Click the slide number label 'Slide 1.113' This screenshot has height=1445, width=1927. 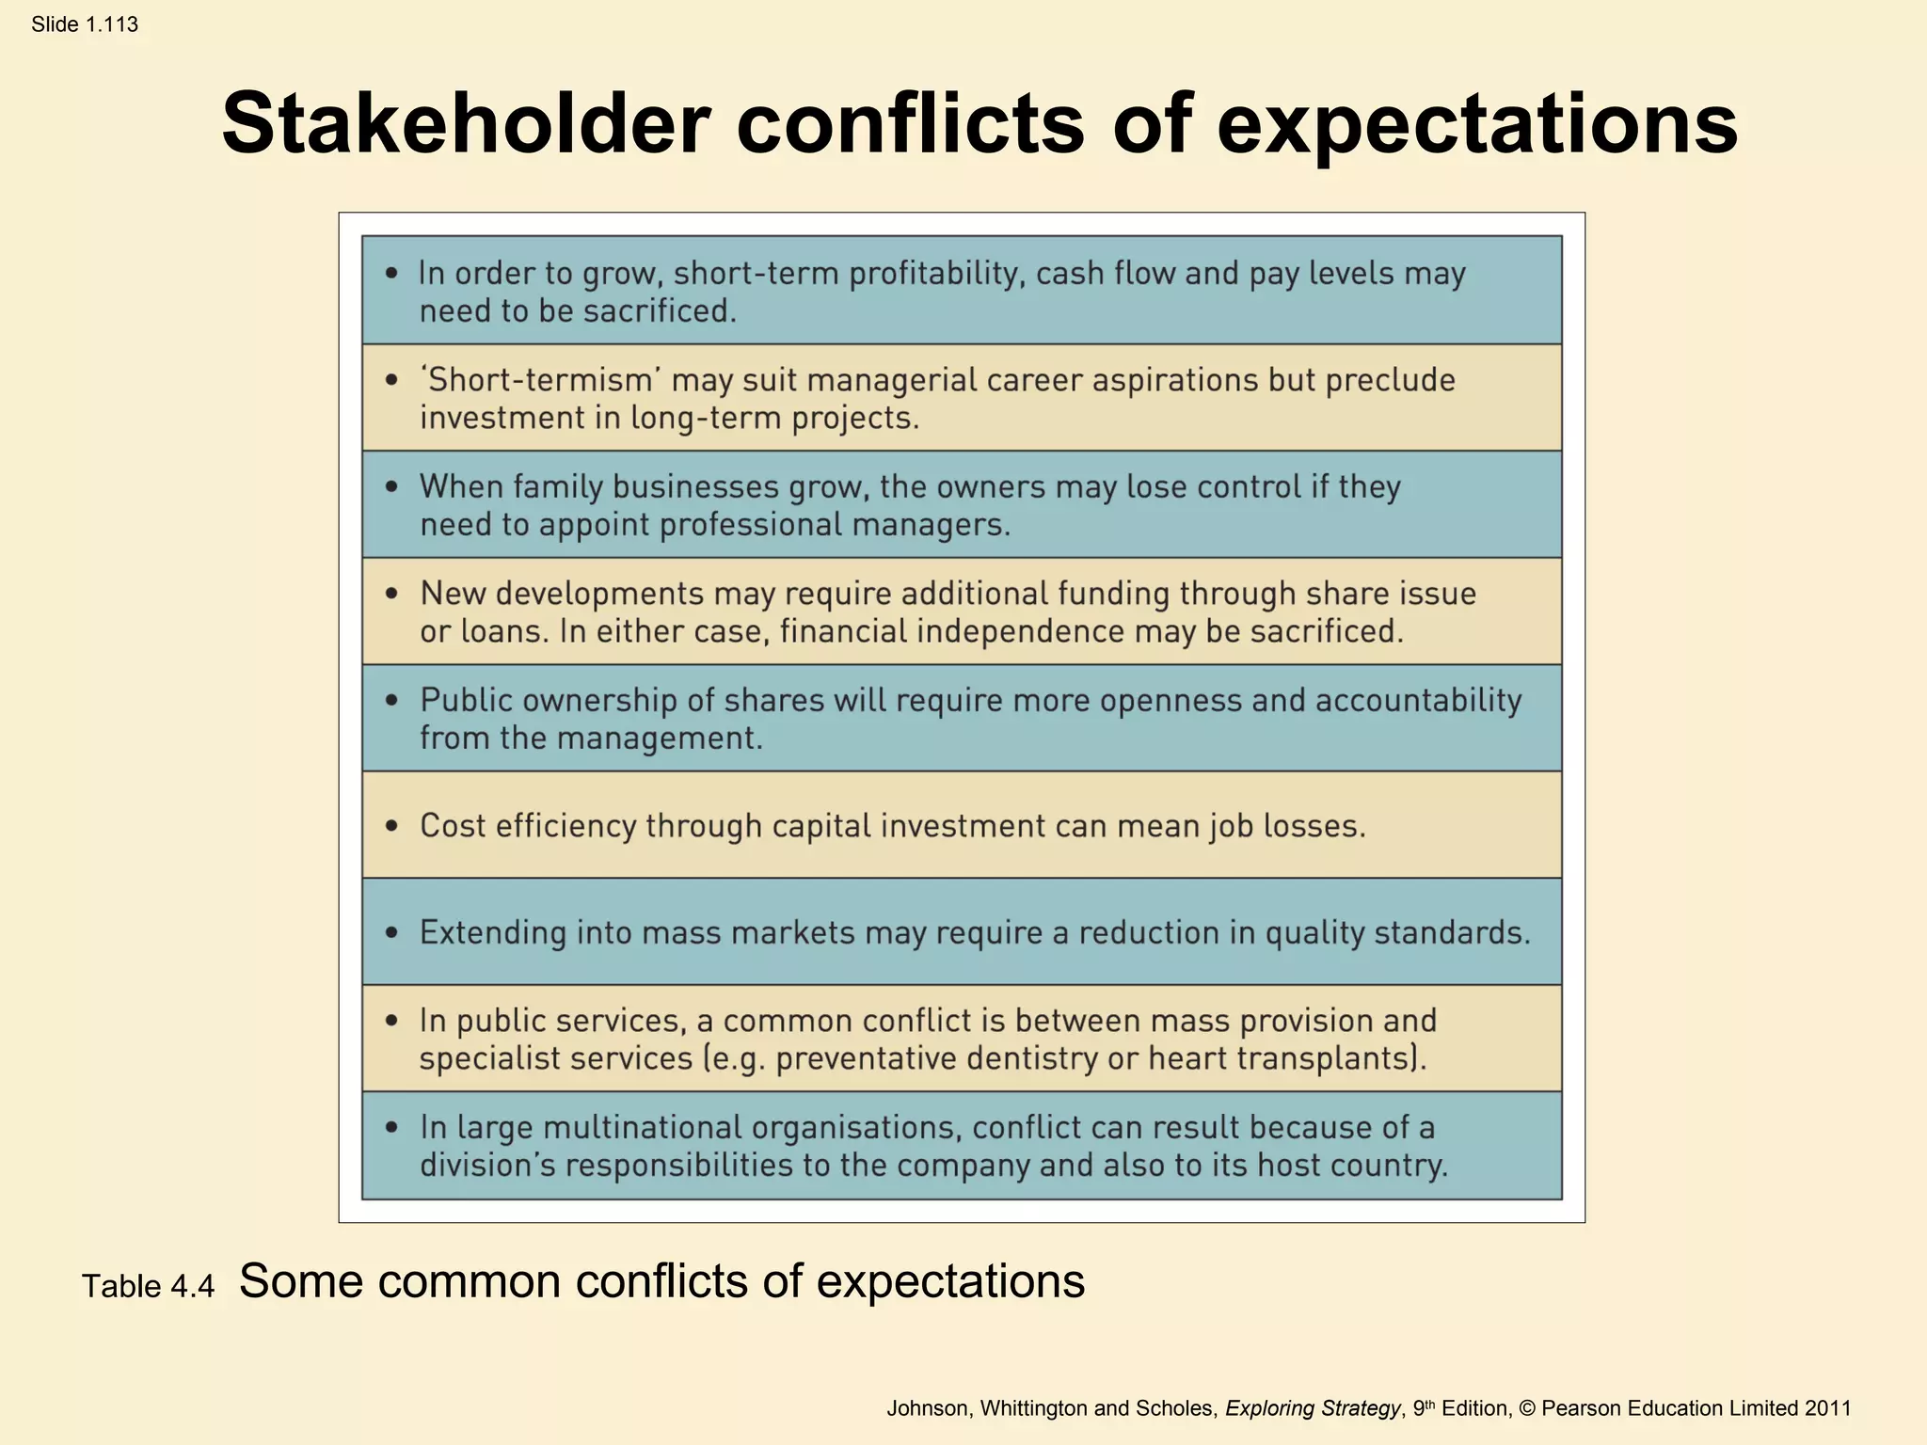pyautogui.click(x=85, y=24)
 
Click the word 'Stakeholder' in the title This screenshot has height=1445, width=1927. pyautogui.click(x=466, y=123)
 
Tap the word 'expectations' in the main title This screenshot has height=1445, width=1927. pyautogui.click(x=1476, y=123)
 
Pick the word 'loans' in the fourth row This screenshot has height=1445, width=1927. pyautogui.click(x=502, y=631)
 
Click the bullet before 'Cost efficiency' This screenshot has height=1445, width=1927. pyautogui.click(x=391, y=826)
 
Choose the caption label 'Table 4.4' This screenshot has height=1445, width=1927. pyautogui.click(x=149, y=1286)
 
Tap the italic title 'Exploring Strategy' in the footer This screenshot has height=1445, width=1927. pyautogui.click(x=1312, y=1408)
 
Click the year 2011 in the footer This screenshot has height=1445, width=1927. pyautogui.click(x=1827, y=1408)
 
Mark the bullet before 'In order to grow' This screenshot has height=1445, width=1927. pyautogui.click(x=391, y=273)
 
